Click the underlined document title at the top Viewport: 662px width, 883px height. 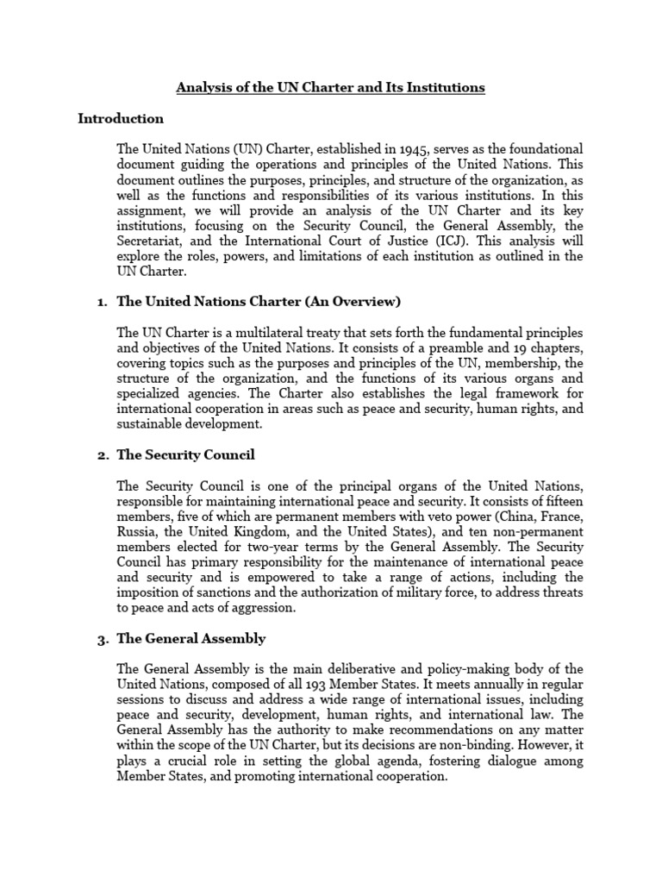click(331, 88)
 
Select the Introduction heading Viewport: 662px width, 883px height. click(121, 118)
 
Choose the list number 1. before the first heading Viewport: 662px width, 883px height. click(100, 301)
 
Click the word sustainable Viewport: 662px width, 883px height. click(148, 425)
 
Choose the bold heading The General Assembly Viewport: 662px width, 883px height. click(191, 639)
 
